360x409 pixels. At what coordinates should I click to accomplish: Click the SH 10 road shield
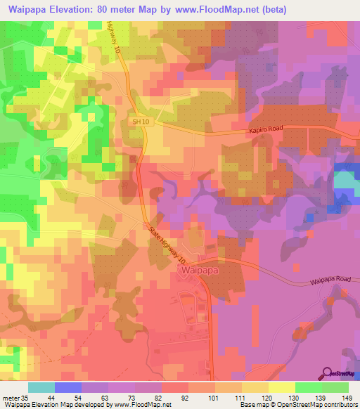pos(141,122)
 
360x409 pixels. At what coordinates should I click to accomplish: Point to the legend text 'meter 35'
pos(15,398)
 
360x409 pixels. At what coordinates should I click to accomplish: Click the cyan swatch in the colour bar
pos(41,387)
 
